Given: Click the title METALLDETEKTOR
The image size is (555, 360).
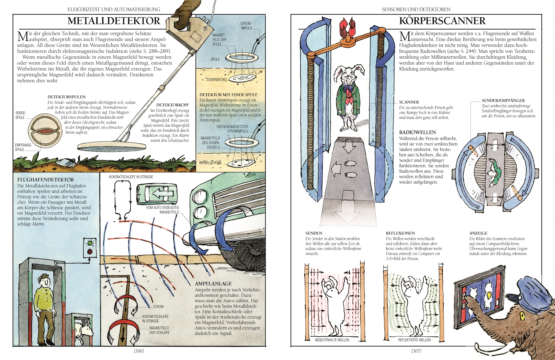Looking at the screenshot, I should coord(114,21).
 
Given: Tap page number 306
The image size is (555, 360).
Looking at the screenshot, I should coord(139,351).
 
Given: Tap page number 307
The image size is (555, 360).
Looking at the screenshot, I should coord(416,351).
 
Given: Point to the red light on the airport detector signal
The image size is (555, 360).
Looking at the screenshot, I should coord(90,251).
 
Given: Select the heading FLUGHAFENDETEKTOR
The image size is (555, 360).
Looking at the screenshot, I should coord(46,180).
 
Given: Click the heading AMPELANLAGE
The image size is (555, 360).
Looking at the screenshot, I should coord(213,283).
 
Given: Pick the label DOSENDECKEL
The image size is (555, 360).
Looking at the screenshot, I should coord(217,80).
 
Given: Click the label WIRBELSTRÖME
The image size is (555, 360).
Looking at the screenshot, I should coord(210,163).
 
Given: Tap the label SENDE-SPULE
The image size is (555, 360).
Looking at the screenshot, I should coord(21,115).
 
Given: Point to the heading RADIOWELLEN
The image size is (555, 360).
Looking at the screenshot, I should coord(417,132).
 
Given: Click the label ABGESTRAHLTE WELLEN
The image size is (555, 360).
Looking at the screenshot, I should coord(332,340).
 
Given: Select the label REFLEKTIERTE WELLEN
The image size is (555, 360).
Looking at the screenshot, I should coord(414,340).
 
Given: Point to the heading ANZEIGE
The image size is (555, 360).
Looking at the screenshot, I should coord(478,233).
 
